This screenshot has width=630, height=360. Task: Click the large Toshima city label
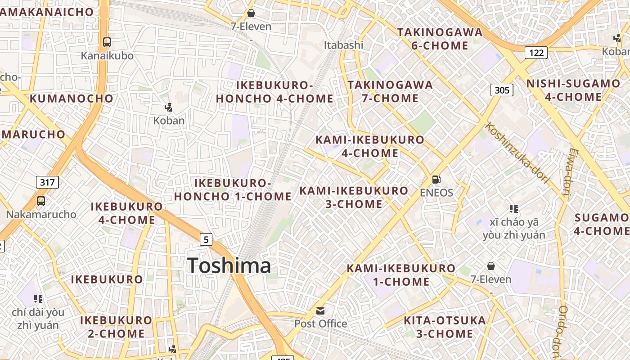pyautogui.click(x=229, y=265)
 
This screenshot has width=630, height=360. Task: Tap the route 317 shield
pyautogui.click(x=47, y=182)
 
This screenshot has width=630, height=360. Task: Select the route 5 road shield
pyautogui.click(x=206, y=239)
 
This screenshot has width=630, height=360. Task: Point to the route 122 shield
pyautogui.click(x=536, y=53)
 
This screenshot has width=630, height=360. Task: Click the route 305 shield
pyautogui.click(x=502, y=90)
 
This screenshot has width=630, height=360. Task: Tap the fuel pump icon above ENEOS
pyautogui.click(x=436, y=180)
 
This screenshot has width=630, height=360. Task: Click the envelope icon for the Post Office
pyautogui.click(x=320, y=310)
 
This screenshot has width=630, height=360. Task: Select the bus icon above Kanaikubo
pyautogui.click(x=107, y=42)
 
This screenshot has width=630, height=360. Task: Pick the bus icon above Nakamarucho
pyautogui.click(x=41, y=201)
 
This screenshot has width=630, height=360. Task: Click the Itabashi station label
pyautogui.click(x=344, y=45)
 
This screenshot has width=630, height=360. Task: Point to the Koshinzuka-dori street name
pyautogui.click(x=518, y=153)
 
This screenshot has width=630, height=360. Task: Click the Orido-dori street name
pyautogui.click(x=559, y=331)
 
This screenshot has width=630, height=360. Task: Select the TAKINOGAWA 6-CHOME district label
pyautogui.click(x=440, y=39)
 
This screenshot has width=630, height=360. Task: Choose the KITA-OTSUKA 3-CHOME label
pyautogui.click(x=445, y=327)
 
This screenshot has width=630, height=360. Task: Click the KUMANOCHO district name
pyautogui.click(x=72, y=99)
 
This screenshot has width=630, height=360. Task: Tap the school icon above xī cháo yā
pyautogui.click(x=514, y=209)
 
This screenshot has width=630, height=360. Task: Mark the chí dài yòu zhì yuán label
pyautogui.click(x=38, y=319)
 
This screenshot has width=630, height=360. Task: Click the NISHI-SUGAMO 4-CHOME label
pyautogui.click(x=573, y=90)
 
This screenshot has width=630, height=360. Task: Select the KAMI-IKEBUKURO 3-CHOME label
pyautogui.click(x=354, y=197)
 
